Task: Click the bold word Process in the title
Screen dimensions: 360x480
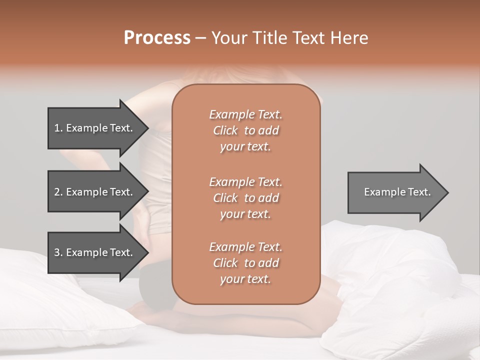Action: pos(157,38)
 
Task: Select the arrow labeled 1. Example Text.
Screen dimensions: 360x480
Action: pos(95,128)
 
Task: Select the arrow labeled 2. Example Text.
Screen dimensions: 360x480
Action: pos(95,192)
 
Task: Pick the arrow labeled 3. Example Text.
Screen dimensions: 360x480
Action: pos(95,252)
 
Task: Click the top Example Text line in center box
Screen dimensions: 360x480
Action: pos(245,114)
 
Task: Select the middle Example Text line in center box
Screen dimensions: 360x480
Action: pos(245,181)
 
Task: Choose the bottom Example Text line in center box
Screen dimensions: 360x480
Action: pos(245,247)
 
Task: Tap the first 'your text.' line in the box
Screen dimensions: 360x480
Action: pos(245,147)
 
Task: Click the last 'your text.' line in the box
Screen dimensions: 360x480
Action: pos(245,279)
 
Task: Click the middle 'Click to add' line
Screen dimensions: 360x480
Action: pos(245,198)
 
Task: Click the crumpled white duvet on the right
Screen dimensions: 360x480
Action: pos(400,280)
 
